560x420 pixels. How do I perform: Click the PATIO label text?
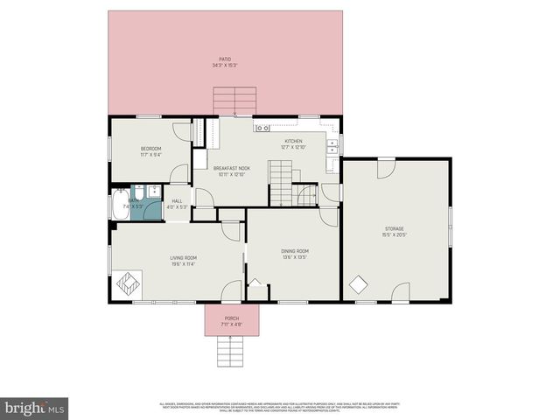point(225,59)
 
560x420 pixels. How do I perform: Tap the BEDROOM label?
point(151,149)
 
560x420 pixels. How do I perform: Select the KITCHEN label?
point(292,141)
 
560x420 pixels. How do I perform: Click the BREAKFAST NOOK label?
point(232,168)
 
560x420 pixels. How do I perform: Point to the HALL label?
point(177,201)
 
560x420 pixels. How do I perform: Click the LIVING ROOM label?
point(183,257)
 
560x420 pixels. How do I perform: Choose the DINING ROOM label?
point(295,251)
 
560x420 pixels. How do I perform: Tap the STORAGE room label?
point(394,229)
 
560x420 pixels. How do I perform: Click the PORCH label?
point(231,318)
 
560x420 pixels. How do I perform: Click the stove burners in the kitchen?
point(262,129)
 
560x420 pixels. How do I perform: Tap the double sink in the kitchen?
point(332,146)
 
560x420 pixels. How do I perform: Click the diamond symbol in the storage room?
point(358,284)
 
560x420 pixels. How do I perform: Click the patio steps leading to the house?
point(234,101)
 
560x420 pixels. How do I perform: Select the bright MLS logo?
point(35,408)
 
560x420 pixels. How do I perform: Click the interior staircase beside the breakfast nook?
point(280,186)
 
